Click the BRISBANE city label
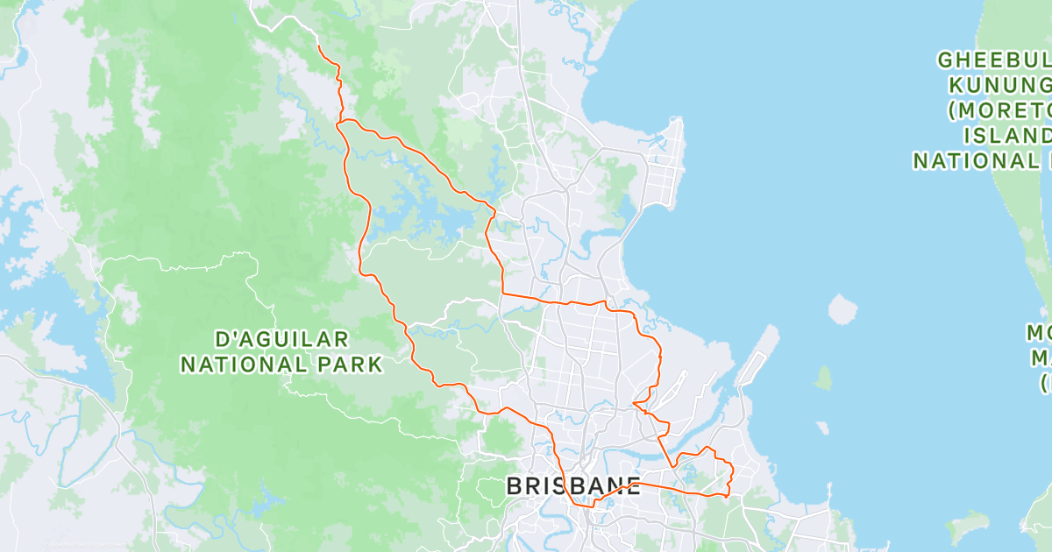point(573,486)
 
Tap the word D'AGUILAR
point(282,338)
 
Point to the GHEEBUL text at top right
point(994,60)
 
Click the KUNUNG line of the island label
point(999,85)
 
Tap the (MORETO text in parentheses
point(999,110)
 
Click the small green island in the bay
point(823,378)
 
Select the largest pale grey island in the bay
point(842,308)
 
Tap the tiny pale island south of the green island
point(821,428)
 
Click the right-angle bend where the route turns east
point(502,294)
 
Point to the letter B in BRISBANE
point(515,486)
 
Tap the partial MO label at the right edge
point(1041,334)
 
